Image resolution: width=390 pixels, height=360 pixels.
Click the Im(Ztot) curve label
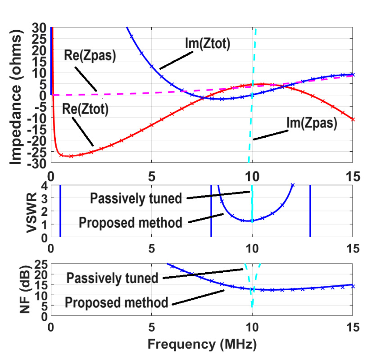208,44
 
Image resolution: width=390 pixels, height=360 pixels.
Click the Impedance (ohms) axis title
17,95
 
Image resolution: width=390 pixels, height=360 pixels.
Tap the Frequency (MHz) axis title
202,344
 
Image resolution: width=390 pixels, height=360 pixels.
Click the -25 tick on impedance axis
38,153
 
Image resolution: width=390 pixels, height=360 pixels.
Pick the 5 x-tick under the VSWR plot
151,248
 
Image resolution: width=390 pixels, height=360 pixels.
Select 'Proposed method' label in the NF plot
117,302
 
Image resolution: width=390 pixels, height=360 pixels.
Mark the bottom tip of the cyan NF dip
252,308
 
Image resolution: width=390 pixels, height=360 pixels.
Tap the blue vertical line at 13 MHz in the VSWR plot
310,211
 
